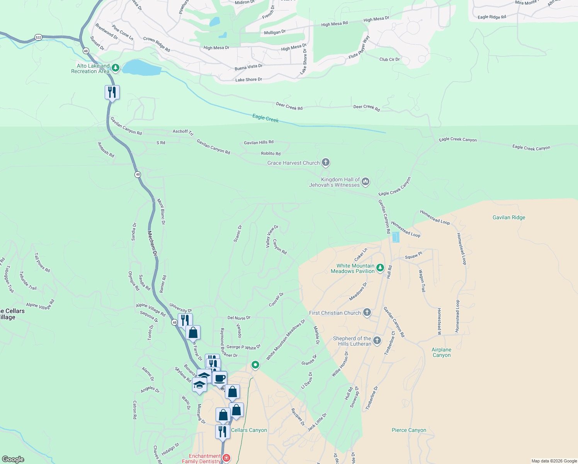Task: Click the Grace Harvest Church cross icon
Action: (x=326, y=162)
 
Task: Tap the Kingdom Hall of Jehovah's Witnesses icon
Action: (x=365, y=181)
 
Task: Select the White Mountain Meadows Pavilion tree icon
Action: (x=380, y=268)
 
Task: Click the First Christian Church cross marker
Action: (x=367, y=312)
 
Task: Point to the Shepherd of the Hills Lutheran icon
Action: (x=377, y=340)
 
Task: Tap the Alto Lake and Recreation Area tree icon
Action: (x=115, y=68)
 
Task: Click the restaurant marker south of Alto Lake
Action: (x=112, y=92)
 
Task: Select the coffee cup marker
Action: (x=219, y=379)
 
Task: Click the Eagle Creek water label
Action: (x=265, y=118)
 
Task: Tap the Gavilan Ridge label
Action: (x=509, y=218)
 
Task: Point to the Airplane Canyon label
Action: (x=442, y=352)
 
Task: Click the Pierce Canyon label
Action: (x=409, y=430)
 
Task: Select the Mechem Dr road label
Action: (x=153, y=244)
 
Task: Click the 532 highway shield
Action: (x=38, y=38)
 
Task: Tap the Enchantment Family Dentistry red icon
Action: (x=226, y=458)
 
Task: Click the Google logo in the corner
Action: (x=13, y=459)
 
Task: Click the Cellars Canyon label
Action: (x=249, y=430)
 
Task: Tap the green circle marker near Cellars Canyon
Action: (x=255, y=365)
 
